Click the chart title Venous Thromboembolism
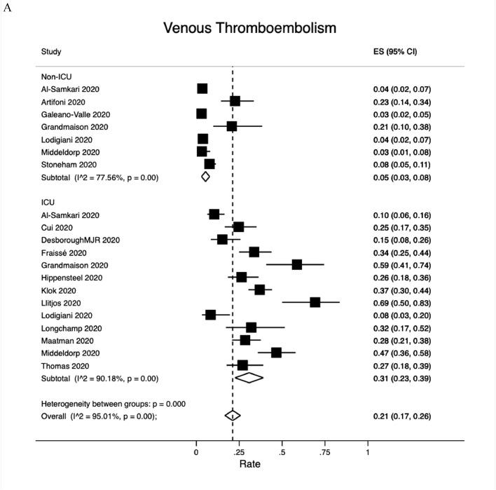pyautogui.click(x=249, y=28)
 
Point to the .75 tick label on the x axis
pyautogui.click(x=324, y=452)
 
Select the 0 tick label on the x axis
pyautogui.click(x=195, y=452)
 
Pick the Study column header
pyautogui.click(x=51, y=52)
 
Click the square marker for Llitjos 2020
pyautogui.click(x=315, y=302)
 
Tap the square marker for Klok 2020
pyautogui.click(x=260, y=290)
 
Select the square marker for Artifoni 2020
pyautogui.click(x=235, y=102)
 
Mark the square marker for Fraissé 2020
pyautogui.click(x=254, y=252)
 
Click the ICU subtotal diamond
pyautogui.click(x=249, y=378)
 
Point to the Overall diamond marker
pyautogui.click(x=233, y=416)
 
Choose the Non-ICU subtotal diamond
pyautogui.click(x=205, y=177)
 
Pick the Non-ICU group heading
pyautogui.click(x=57, y=76)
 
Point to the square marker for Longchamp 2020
pyautogui.click(x=251, y=327)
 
